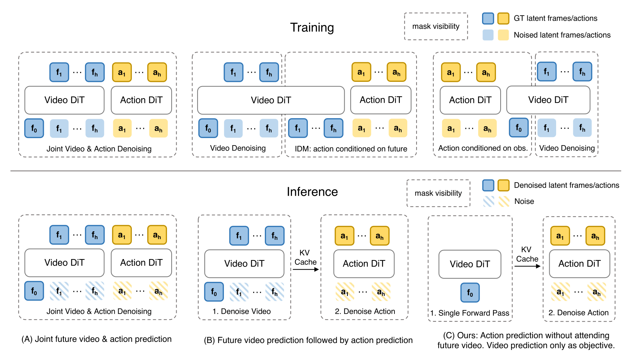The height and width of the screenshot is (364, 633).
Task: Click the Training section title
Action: [312, 27]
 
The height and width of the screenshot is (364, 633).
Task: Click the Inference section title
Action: [312, 192]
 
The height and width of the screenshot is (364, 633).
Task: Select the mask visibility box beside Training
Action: [436, 26]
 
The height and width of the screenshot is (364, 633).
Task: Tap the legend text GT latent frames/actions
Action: [555, 18]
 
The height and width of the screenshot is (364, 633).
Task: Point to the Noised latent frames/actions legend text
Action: [562, 35]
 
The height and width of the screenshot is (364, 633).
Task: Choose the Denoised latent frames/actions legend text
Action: [566, 185]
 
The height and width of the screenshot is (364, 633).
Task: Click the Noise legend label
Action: [524, 201]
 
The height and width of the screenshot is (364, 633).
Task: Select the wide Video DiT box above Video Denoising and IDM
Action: [271, 100]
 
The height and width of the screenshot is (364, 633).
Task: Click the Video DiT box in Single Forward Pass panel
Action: [470, 264]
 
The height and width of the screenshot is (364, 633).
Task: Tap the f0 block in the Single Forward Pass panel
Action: [470, 292]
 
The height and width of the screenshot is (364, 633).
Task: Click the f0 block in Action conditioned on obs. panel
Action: [519, 128]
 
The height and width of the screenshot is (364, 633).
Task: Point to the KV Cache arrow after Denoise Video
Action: [306, 269]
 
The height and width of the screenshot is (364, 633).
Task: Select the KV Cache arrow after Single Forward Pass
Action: [528, 266]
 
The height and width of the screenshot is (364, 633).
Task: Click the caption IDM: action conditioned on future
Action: [351, 149]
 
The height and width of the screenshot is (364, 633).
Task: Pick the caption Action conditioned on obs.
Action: [483, 148]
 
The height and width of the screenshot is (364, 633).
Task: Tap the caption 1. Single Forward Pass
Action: [470, 313]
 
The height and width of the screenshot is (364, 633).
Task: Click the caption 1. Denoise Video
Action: [241, 311]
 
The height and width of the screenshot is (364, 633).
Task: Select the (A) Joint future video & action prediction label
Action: [96, 339]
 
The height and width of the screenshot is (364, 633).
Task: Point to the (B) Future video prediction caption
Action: [308, 340]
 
